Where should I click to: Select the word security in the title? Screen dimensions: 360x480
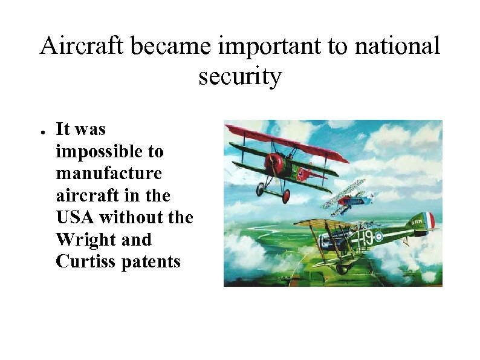tap(239, 76)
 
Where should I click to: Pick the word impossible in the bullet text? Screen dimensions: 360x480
tap(109, 151)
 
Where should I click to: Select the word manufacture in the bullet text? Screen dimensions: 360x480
tap(109, 173)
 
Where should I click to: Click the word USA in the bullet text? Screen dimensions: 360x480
tap(75, 217)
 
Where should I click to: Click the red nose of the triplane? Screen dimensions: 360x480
tap(275, 162)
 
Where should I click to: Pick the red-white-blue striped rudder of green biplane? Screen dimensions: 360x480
tap(429, 220)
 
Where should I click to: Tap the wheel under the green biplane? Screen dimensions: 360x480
tap(342, 269)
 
